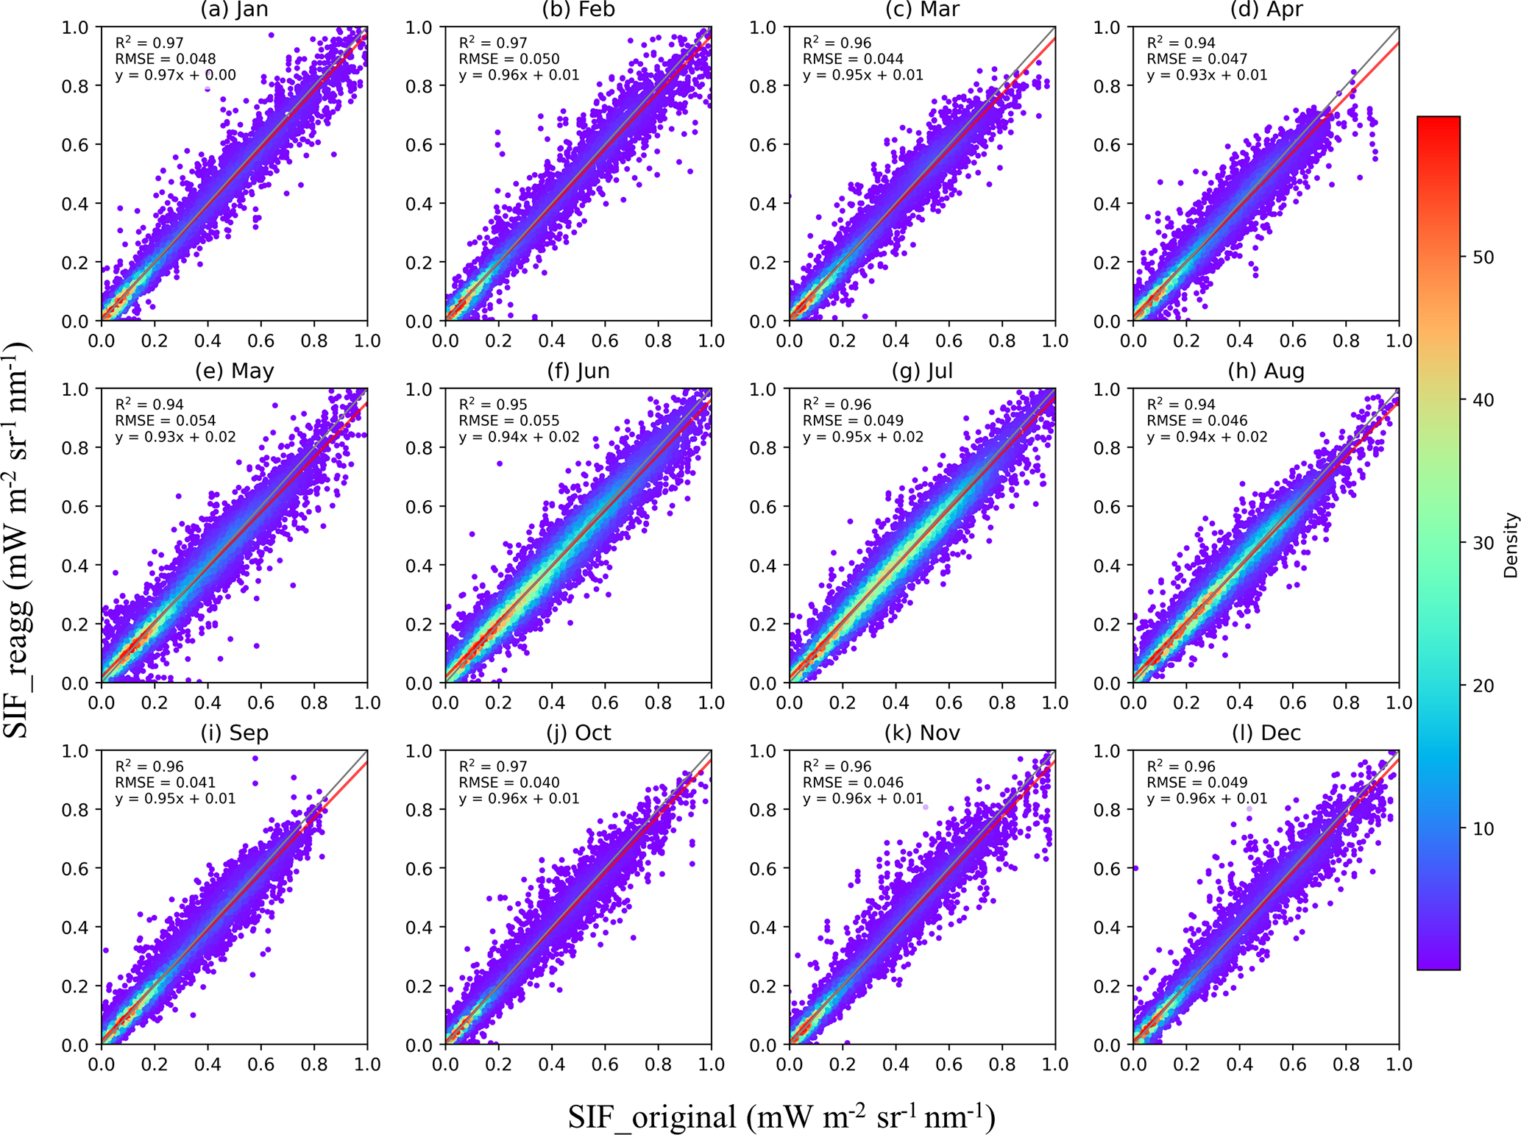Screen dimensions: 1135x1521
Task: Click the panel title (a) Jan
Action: point(235,10)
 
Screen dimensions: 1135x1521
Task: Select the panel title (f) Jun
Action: point(578,371)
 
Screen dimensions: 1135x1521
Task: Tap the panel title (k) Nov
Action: point(922,733)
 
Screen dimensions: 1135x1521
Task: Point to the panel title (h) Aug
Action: point(1266,371)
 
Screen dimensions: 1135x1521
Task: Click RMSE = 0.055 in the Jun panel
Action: point(509,421)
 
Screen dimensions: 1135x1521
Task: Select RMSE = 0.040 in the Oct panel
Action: point(509,783)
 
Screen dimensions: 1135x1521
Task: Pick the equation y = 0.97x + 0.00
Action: point(176,75)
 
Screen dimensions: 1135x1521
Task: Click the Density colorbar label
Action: point(1511,545)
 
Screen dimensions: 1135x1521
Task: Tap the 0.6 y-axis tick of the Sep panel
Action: point(75,869)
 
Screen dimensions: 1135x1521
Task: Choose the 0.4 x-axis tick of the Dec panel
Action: point(1239,1064)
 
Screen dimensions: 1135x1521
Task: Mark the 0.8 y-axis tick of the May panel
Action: point(75,448)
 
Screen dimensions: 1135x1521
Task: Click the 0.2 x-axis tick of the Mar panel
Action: point(843,341)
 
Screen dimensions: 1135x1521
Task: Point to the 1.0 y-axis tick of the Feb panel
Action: point(419,27)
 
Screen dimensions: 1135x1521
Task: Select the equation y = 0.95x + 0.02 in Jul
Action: point(863,437)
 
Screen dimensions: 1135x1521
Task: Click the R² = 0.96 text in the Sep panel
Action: point(150,766)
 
